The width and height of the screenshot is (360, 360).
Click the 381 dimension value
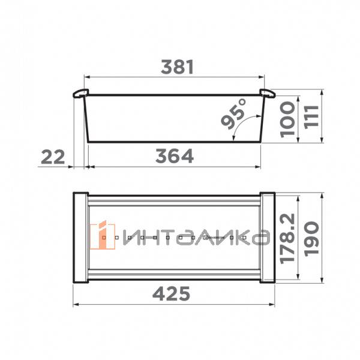coord(176,67)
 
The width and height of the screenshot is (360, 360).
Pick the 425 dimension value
coord(173,294)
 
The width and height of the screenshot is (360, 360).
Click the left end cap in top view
coord(80,238)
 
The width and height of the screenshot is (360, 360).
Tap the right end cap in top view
coord(268,238)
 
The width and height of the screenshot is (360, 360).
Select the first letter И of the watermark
coord(128,238)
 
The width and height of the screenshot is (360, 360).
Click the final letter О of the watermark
coord(259,238)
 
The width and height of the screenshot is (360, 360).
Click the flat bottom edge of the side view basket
coord(174,142)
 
